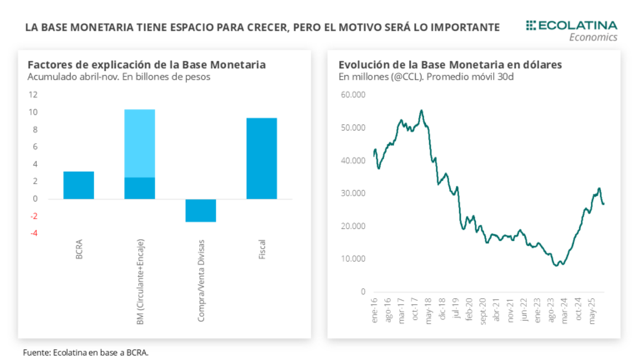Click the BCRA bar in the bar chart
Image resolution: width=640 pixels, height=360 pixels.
[78, 185]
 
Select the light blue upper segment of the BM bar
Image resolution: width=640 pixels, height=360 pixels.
[139, 143]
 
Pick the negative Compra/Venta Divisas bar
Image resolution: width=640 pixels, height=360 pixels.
[200, 210]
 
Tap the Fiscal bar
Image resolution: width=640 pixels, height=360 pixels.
[261, 158]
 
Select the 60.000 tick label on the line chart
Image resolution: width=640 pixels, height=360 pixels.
[353, 95]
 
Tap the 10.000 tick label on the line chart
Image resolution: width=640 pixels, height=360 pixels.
[353, 258]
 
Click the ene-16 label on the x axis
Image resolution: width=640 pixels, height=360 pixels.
[374, 309]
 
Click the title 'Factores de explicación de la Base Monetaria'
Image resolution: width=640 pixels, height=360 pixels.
[147, 64]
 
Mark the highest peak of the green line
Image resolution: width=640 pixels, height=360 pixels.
[422, 110]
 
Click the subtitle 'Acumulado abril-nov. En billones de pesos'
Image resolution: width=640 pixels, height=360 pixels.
[119, 77]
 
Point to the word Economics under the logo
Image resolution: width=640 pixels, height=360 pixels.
[592, 37]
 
